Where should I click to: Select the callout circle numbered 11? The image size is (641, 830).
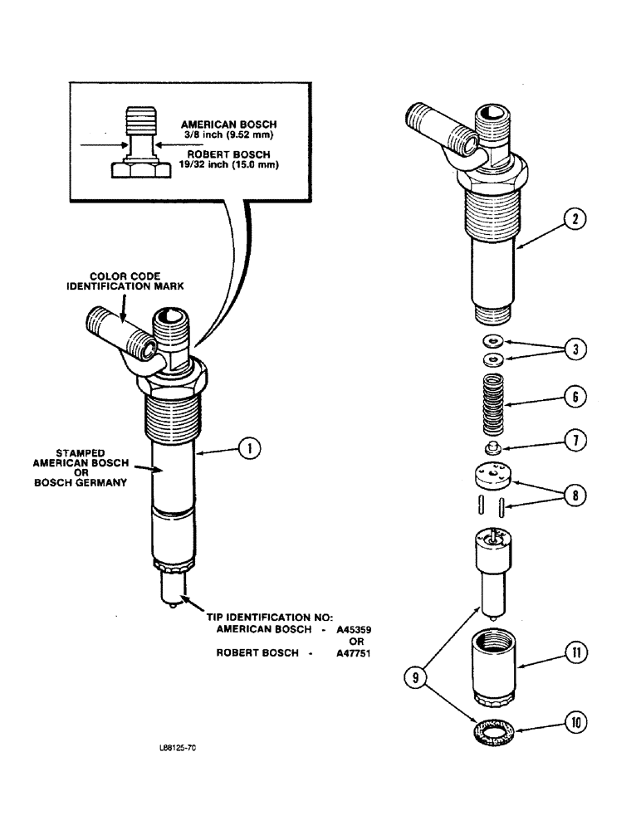tap(573, 653)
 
